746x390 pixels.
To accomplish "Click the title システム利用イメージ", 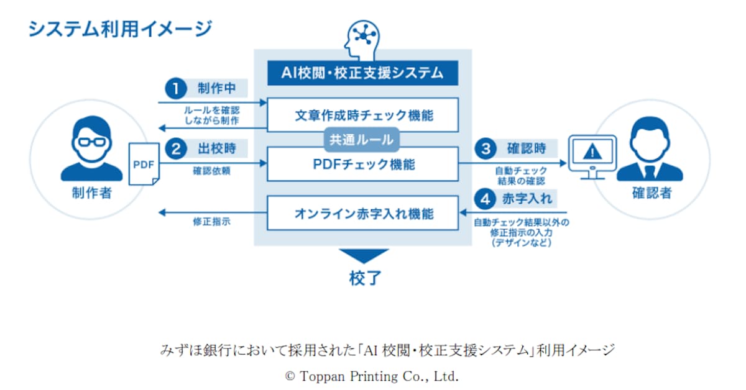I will (120, 29).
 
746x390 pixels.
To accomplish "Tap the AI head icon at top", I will (363, 38).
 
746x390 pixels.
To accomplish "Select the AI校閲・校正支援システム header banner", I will (363, 73).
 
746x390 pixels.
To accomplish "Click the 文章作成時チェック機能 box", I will (363, 115).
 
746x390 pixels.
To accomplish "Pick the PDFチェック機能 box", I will (363, 165).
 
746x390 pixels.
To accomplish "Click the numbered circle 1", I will (176, 89).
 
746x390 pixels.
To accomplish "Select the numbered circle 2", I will (176, 149).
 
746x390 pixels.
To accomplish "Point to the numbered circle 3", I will (486, 149).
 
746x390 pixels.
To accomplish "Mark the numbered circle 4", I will (486, 199).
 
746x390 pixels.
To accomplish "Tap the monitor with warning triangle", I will (592, 155).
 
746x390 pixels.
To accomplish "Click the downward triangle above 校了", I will (364, 256).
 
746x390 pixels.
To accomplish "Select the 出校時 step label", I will (221, 149).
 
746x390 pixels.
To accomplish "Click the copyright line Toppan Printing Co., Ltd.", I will (371, 376).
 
